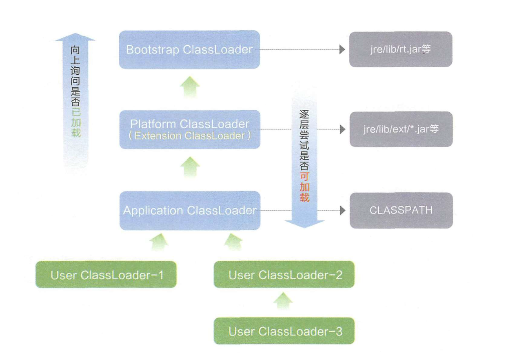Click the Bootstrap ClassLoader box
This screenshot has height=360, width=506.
[189, 49]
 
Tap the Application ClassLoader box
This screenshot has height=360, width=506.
[189, 211]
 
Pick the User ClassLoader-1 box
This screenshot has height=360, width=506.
[107, 275]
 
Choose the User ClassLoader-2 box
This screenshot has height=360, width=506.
[284, 275]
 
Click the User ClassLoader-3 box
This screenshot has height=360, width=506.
[284, 331]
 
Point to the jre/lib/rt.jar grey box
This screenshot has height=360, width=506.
[400, 49]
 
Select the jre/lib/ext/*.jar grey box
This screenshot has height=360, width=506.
[401, 129]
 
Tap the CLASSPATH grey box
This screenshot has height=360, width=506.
[401, 211]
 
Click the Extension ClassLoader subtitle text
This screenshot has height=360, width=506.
[190, 136]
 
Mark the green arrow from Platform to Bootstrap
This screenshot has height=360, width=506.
[190, 86]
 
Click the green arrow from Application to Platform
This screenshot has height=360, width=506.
[190, 167]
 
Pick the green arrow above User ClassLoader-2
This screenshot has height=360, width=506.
[233, 242]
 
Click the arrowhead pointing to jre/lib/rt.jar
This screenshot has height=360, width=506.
[342, 49]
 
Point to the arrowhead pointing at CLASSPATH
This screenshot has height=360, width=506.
[342, 211]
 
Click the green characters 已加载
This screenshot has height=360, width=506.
[75, 122]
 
